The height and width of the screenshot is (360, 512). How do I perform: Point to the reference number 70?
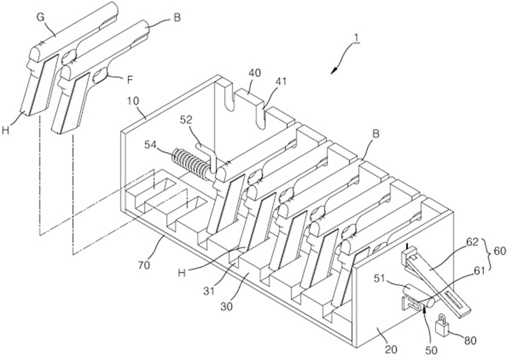coord(143,265)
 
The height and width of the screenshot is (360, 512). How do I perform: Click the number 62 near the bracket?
coord(472,242)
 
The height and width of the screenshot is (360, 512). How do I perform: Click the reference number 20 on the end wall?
coord(392,349)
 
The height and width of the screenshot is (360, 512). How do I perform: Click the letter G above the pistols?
coord(40,18)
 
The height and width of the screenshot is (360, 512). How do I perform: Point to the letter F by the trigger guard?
coord(130,80)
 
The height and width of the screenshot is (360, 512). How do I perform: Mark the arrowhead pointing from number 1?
coord(334,70)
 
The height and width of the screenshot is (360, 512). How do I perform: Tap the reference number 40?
coord(255,73)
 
